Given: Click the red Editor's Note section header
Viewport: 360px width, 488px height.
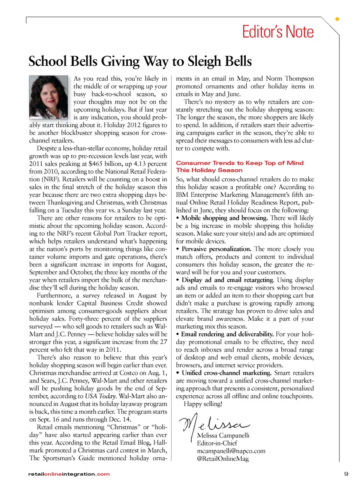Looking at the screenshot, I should click(277, 32).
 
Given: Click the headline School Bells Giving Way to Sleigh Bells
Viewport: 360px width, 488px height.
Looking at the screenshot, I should click(140, 61).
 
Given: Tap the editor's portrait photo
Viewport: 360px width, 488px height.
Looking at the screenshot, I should click(49, 97).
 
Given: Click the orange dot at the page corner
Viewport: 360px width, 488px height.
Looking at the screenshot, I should click(337, 19).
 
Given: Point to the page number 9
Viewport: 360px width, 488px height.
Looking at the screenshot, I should click(346, 474).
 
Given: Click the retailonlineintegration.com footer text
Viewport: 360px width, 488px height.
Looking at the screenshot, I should click(69, 474).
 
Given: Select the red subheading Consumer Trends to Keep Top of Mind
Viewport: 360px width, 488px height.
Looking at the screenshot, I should click(240, 163).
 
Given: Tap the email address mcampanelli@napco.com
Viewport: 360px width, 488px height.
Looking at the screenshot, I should click(231, 451).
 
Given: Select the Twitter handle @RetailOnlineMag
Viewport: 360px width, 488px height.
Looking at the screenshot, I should click(223, 459).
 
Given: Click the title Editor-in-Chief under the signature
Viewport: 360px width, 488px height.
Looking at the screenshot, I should click(217, 443).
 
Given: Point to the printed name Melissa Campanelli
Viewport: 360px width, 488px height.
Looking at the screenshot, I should click(223, 435).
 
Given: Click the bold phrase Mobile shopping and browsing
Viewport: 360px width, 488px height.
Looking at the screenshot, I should click(224, 218).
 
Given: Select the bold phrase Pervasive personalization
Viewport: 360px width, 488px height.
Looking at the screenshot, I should click(216, 249).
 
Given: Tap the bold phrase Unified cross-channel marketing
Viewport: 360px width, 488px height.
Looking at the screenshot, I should click(226, 373).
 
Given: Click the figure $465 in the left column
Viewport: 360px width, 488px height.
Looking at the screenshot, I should click(96, 164).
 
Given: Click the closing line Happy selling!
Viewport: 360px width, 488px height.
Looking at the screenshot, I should click(203, 404).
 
